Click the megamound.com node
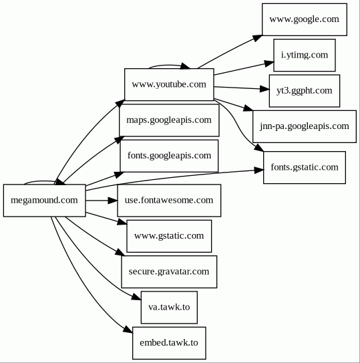pos(45,201)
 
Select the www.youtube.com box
pos(169,84)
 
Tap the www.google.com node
pos(305,19)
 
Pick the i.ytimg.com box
pos(305,55)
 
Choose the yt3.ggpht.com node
pos(305,91)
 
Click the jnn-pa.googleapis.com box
pos(305,126)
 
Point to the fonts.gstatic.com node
pos(305,168)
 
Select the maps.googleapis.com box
pos(169,120)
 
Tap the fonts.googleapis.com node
pos(169,156)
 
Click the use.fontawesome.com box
pos(169,201)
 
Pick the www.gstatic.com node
pos(169,236)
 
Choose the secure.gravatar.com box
pos(169,272)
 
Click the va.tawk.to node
pos(169,308)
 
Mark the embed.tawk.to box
pos(169,343)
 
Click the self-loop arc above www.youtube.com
pos(169,66)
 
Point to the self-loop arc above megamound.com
pos(39,182)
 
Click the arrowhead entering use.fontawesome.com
pos(113,201)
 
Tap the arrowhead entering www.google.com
pos(257,38)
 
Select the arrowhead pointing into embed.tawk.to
pos(128,330)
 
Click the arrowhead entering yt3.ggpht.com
pos(264,89)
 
